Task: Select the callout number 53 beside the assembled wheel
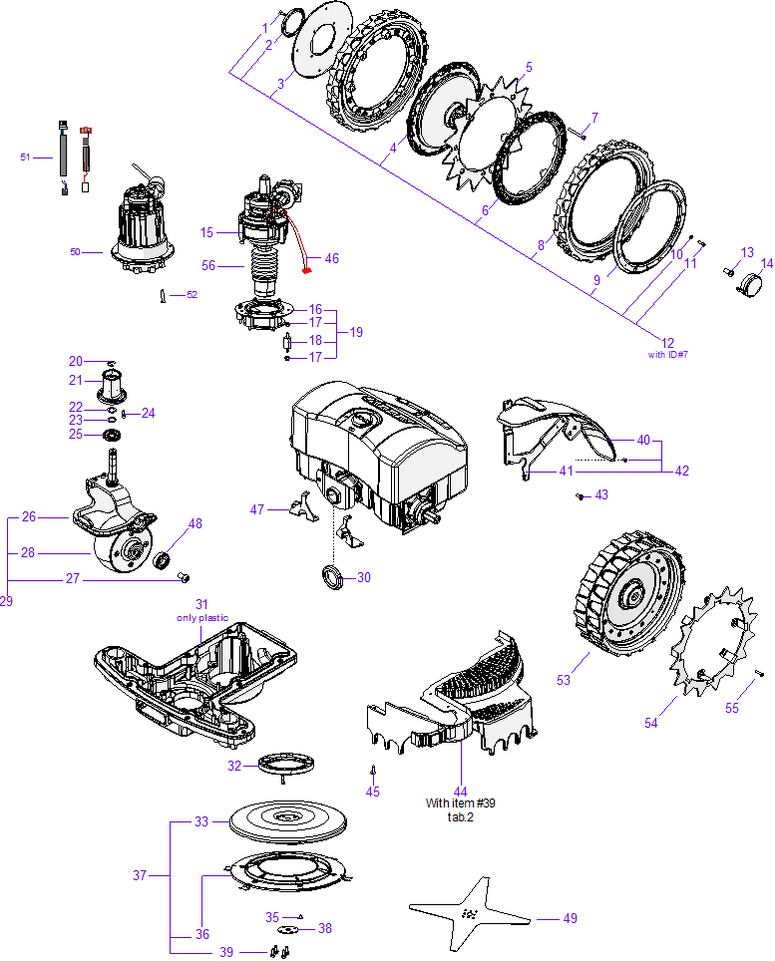564,680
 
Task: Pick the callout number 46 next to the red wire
331,258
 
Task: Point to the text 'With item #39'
461,803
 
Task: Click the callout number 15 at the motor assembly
206,232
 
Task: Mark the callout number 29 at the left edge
7,601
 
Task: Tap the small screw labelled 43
580,494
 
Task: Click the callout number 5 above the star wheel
529,67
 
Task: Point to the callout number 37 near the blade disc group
140,876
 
